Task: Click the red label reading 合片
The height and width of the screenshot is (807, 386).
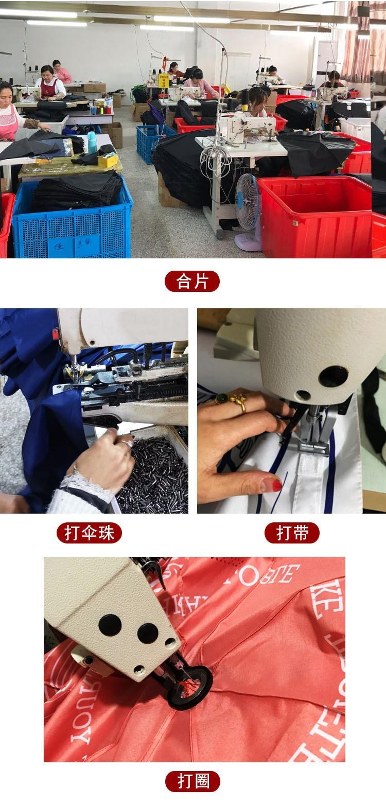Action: pyautogui.click(x=192, y=281)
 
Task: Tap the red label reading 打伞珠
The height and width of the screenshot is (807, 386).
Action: pyautogui.click(x=89, y=533)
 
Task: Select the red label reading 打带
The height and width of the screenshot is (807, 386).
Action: pyautogui.click(x=292, y=533)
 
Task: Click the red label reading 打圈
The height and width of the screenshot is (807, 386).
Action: pyautogui.click(x=192, y=781)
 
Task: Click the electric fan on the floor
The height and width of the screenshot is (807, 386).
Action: pyautogui.click(x=248, y=208)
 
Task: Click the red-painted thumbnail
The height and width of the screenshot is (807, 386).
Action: pyautogui.click(x=271, y=485)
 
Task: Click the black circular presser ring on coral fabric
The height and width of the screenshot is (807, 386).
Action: pyautogui.click(x=190, y=687)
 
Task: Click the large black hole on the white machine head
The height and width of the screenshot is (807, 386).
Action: pyautogui.click(x=332, y=376)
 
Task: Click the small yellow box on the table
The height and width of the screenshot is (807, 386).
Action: pyautogui.click(x=108, y=160)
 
